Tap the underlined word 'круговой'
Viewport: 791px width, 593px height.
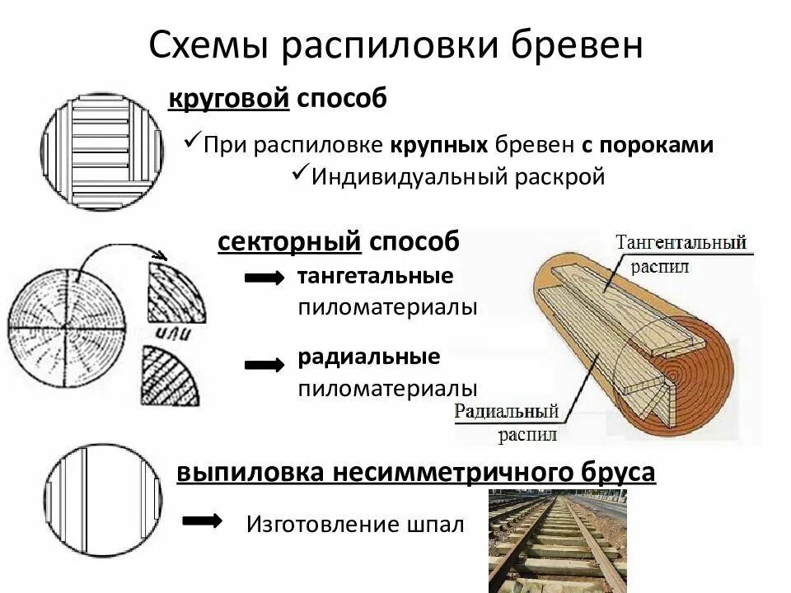click(x=228, y=99)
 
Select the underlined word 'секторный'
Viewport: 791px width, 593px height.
click(x=289, y=242)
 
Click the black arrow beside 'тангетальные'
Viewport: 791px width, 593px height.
click(x=265, y=279)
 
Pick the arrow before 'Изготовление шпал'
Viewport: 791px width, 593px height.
click(x=201, y=521)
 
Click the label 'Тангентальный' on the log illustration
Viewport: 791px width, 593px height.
click(x=681, y=242)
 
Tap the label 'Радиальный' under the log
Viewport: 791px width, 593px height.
click(x=507, y=411)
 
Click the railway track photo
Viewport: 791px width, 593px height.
click(x=557, y=540)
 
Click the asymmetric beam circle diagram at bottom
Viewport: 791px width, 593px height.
click(x=102, y=502)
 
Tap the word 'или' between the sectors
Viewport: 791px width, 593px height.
click(x=172, y=333)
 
